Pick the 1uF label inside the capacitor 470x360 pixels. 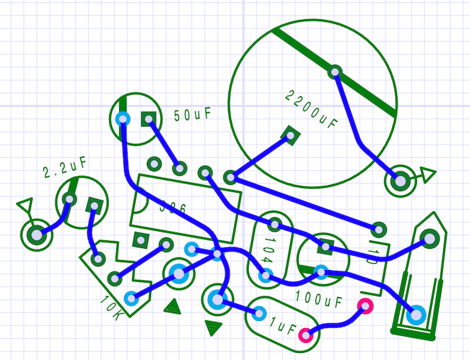point(282,327)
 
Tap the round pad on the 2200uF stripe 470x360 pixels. point(335,72)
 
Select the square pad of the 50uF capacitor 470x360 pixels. point(148,119)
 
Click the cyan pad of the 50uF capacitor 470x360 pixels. point(123,118)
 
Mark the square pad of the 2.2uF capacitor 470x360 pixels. point(93,206)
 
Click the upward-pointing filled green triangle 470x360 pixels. point(172,305)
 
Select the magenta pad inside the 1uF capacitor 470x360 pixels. point(306,334)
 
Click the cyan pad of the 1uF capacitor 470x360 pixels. point(259,313)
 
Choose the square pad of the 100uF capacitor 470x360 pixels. point(325,247)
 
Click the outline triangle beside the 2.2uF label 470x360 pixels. point(26,206)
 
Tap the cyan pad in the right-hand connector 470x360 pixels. point(415,314)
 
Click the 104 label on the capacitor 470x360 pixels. point(267,249)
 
